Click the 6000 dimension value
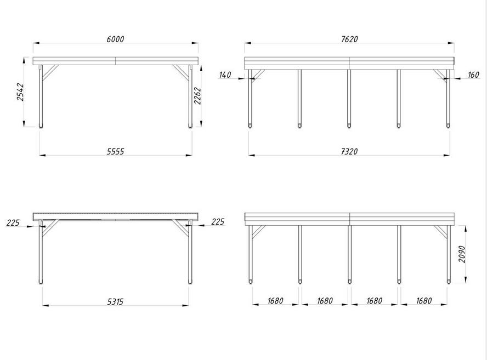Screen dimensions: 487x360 pos(115,39)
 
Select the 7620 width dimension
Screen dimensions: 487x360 pos(349,39)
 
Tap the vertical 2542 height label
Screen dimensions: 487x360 pos(20,92)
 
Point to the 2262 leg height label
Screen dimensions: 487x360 pos(197,96)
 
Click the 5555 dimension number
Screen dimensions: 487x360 pos(115,151)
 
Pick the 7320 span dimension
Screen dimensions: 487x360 pos(349,151)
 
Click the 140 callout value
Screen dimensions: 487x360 pos(225,75)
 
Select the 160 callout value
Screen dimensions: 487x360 pos(473,75)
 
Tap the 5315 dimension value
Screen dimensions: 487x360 pos(115,302)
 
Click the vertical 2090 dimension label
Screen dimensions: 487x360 pos(462,254)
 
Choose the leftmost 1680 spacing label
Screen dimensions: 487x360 pos(275,301)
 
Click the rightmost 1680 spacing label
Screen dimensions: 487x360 pos(423,301)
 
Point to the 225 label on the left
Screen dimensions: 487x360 pos(13,223)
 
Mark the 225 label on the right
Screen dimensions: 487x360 pos(218,221)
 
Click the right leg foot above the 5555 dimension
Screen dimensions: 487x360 pos(190,126)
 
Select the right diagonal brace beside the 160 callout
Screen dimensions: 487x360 pos(440,75)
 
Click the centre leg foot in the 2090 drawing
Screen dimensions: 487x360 pos(349,282)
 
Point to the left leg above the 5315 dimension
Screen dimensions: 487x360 pos(41,252)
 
